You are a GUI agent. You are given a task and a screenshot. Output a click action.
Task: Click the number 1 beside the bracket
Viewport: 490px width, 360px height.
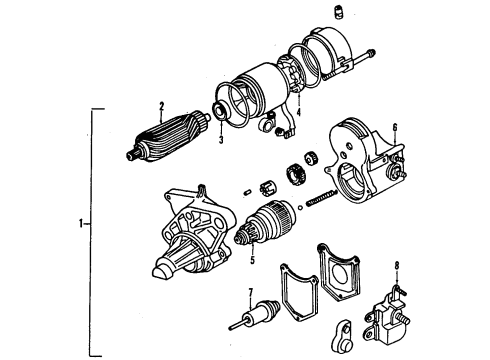(x=78, y=222)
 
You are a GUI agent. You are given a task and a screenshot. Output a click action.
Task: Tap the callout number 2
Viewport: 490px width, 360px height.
(x=160, y=105)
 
